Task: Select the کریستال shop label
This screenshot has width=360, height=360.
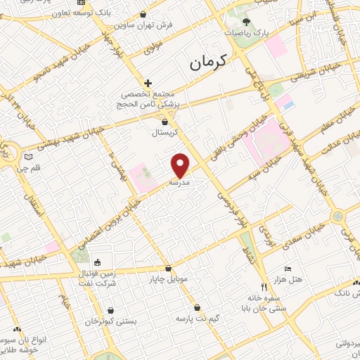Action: (165, 131)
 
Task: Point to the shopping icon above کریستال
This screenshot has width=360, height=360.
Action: (165, 122)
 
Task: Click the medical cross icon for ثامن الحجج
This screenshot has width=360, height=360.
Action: (148, 83)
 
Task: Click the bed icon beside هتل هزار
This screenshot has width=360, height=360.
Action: (287, 269)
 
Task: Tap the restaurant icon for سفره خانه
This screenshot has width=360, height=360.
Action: (264, 287)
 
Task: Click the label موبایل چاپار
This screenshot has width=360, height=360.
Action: (168, 278)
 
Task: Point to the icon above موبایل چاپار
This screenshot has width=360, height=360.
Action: (168, 269)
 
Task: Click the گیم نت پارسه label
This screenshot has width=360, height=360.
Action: (198, 319)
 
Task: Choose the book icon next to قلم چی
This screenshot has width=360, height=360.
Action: (29, 157)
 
